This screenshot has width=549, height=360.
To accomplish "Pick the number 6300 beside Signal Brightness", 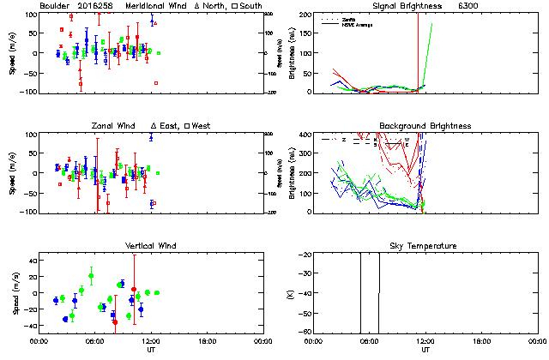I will [x=468, y=6].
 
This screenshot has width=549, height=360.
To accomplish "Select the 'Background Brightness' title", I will [x=425, y=126].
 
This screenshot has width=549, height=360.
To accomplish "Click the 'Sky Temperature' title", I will [x=425, y=246].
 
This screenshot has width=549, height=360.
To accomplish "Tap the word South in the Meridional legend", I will [x=250, y=6].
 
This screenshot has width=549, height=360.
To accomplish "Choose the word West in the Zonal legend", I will [x=202, y=126].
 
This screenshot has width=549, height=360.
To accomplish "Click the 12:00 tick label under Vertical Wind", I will [x=148, y=341].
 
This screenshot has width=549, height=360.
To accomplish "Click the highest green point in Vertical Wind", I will [x=91, y=275].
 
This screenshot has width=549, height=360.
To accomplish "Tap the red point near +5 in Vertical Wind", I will [x=134, y=290].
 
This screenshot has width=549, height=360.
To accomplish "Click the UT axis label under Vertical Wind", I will [x=148, y=351].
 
